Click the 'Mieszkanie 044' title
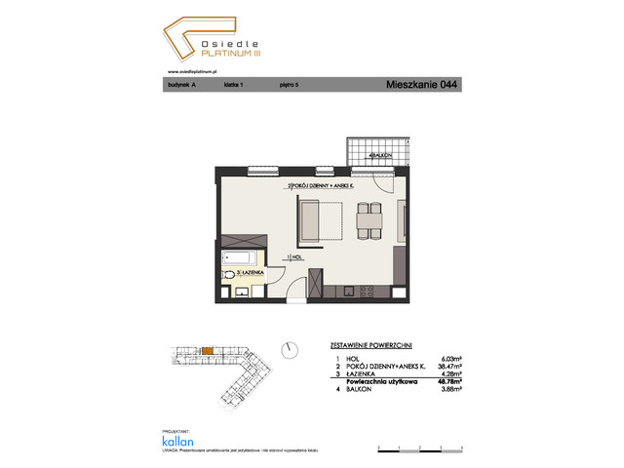422,85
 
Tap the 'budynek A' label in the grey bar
182,86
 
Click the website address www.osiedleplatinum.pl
191,69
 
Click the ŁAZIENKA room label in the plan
240,276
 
